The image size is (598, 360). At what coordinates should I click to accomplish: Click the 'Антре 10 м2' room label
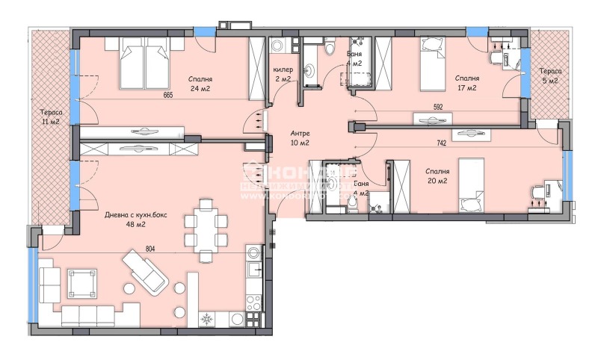pos(300,138)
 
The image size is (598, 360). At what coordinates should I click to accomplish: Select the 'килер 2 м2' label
pos(283,73)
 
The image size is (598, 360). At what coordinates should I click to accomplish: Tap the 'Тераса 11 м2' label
pos(50,117)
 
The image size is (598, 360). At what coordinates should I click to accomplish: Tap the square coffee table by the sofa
pos(80,283)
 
